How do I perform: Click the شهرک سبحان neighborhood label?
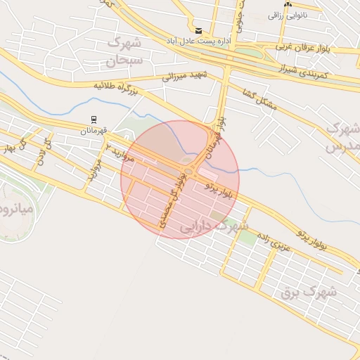tap(124, 53)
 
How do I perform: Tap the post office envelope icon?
tap(199, 31)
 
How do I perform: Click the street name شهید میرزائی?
tap(186, 75)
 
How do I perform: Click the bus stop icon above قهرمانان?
tap(93, 120)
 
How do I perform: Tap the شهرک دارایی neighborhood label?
tap(214, 226)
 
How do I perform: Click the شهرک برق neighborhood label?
tap(308, 290)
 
